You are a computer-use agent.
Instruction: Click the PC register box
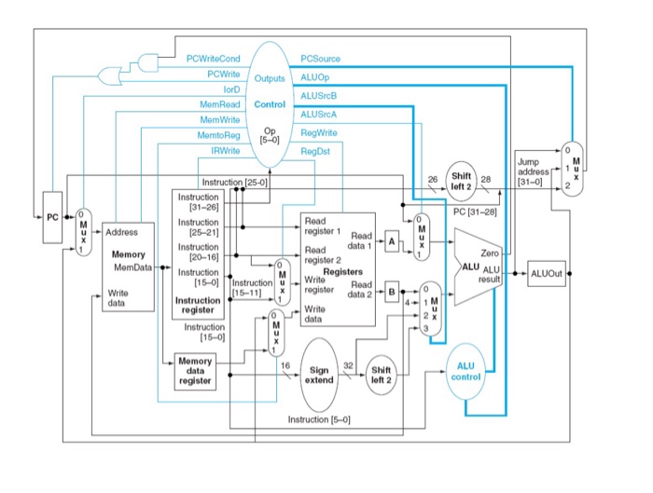click(52, 218)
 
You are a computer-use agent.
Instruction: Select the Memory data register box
click(195, 371)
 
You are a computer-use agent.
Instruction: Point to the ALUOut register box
click(546, 274)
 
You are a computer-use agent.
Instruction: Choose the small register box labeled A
click(392, 240)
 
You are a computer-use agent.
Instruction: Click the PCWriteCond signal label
click(214, 59)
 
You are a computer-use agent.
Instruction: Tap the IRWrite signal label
click(226, 150)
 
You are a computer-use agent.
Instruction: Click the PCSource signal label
click(321, 59)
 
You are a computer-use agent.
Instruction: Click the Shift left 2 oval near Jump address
click(462, 180)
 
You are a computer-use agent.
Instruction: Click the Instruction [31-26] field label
click(199, 202)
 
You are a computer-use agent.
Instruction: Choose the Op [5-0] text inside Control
click(270, 135)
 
